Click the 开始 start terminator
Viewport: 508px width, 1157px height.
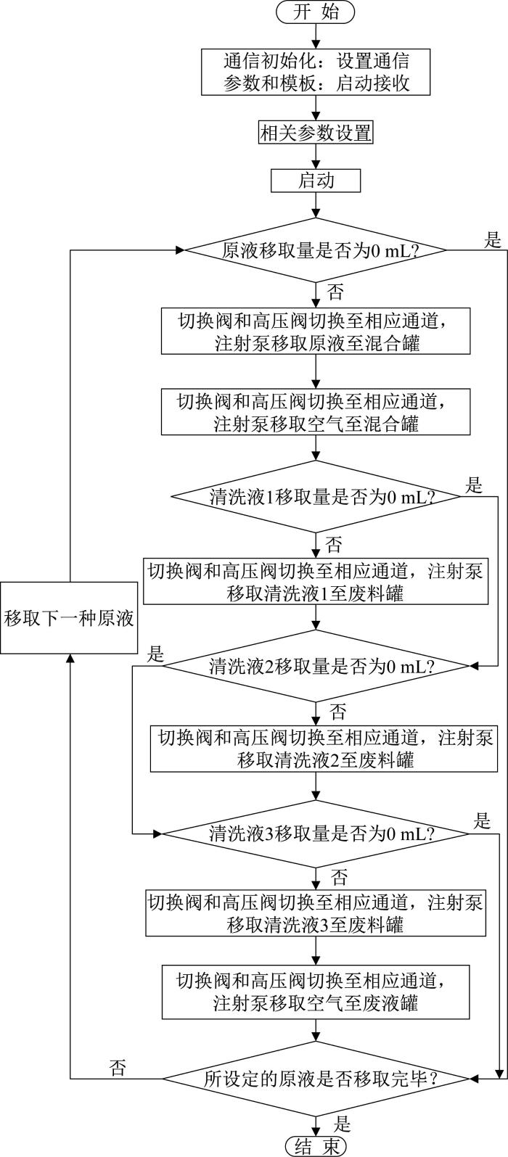pyautogui.click(x=316, y=12)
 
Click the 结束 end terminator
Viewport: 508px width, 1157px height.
pyautogui.click(x=316, y=1146)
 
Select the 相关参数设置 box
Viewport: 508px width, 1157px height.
pyautogui.click(x=316, y=133)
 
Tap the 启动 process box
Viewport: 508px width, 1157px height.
pyautogui.click(x=316, y=181)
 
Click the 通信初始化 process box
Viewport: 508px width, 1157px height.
pyautogui.click(x=316, y=72)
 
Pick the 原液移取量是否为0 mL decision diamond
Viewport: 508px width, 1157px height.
pyautogui.click(x=316, y=250)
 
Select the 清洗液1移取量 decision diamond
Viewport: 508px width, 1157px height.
pyautogui.click(x=316, y=497)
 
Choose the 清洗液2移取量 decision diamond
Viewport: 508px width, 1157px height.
pyautogui.click(x=316, y=666)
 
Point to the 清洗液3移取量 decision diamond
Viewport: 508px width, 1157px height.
pyautogui.click(x=316, y=833)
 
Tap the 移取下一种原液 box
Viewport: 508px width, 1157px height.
pyautogui.click(x=69, y=618)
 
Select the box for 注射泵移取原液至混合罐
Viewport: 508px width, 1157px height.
pyautogui.click(x=316, y=331)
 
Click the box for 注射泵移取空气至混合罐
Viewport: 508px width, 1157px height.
pyautogui.click(x=316, y=412)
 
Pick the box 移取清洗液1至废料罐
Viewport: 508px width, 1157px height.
pyautogui.click(x=316, y=581)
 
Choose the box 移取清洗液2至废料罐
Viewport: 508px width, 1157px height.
pyautogui.click(x=324, y=749)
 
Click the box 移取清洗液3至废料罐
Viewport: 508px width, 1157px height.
pyautogui.click(x=316, y=913)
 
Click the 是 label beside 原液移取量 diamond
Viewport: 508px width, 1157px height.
pyautogui.click(x=493, y=239)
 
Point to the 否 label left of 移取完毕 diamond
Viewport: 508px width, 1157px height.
pyautogui.click(x=118, y=1066)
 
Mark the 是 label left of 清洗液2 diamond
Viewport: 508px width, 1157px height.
pyautogui.click(x=155, y=654)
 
